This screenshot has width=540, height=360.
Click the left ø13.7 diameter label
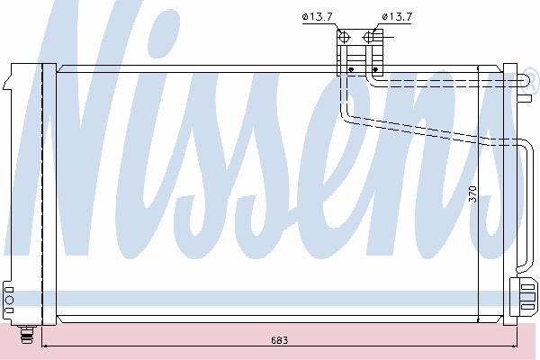(318, 17)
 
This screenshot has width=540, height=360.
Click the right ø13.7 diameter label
(397, 16)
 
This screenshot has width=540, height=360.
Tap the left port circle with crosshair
(344, 37)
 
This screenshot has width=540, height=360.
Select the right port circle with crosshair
(368, 37)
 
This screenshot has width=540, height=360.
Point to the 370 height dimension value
(472, 194)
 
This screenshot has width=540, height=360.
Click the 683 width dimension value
(279, 340)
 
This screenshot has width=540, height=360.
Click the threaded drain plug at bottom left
(27, 334)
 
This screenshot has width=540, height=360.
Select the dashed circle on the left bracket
(9, 300)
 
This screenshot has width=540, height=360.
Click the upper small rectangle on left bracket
(9, 290)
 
